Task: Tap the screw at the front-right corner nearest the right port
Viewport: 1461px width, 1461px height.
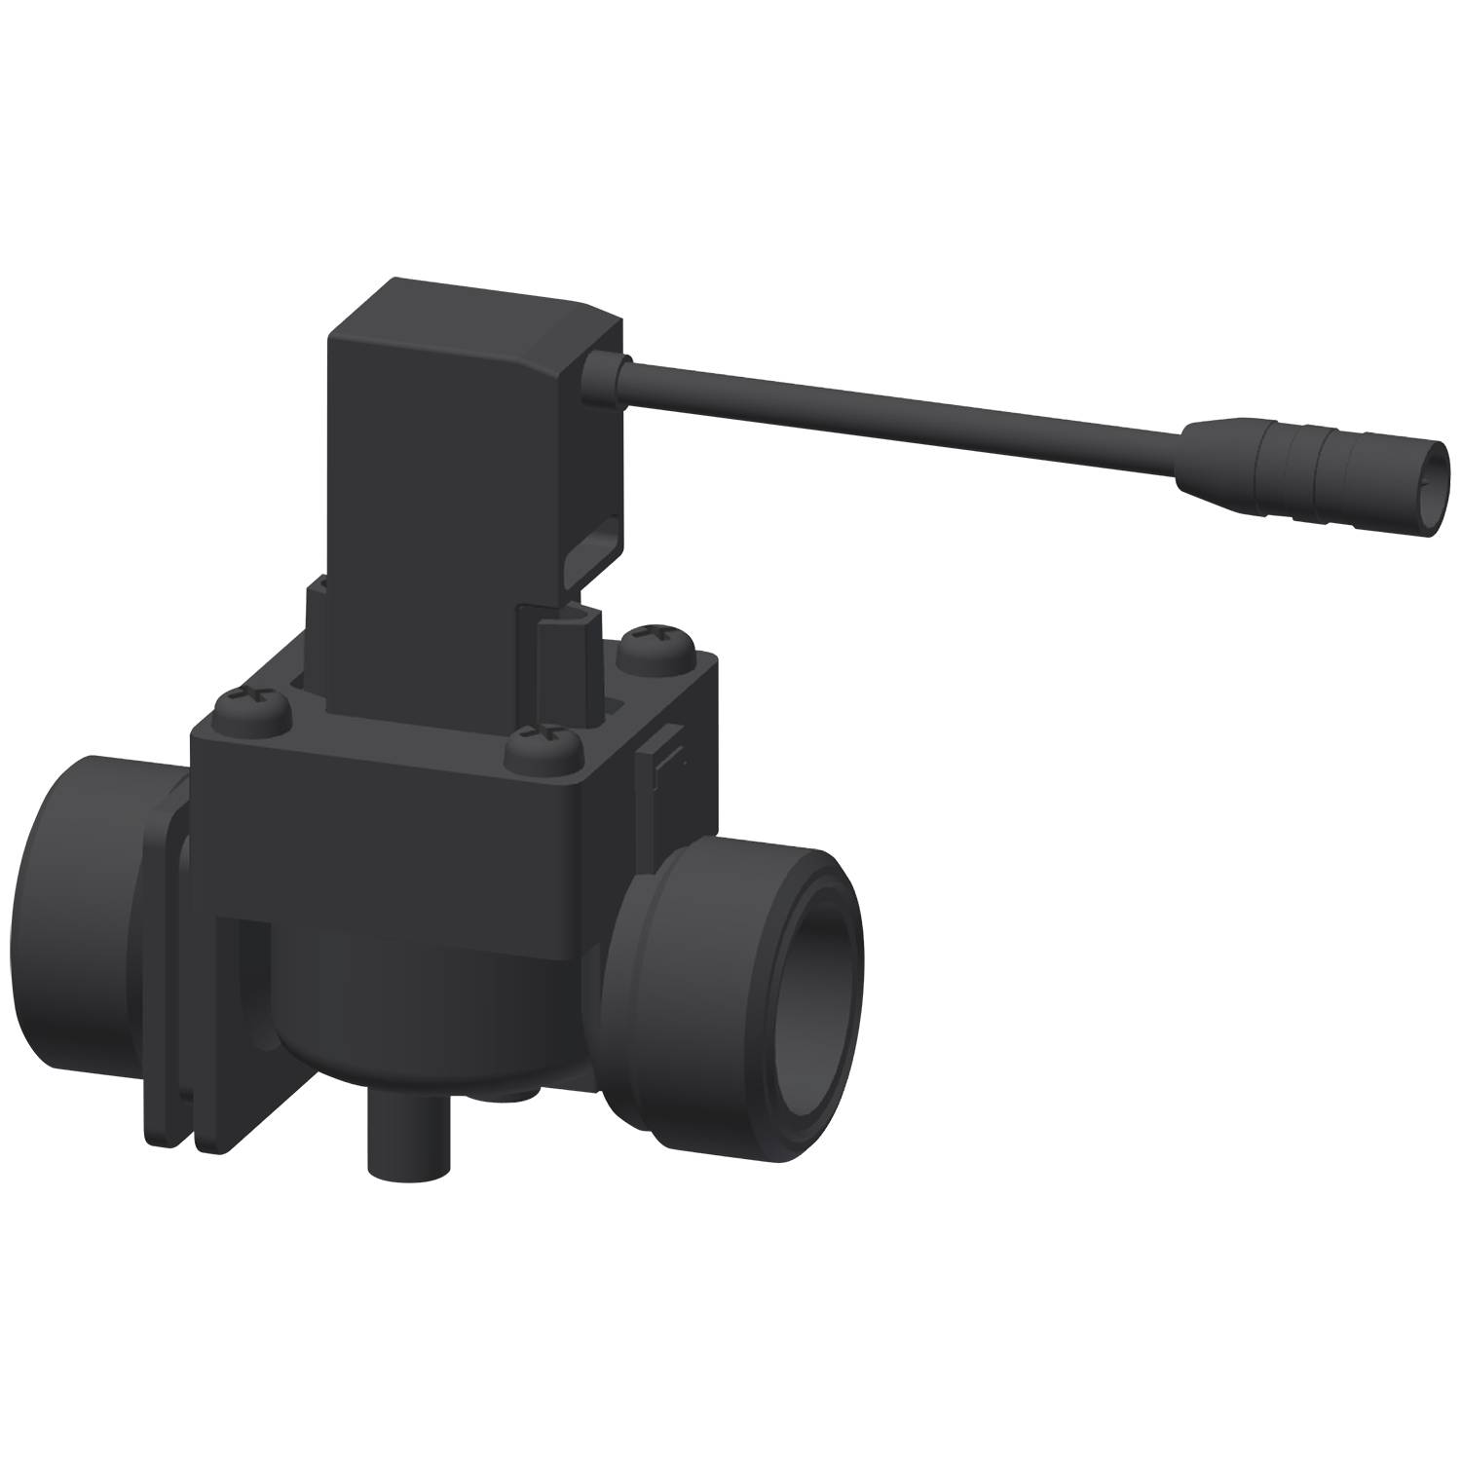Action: click(x=542, y=743)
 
